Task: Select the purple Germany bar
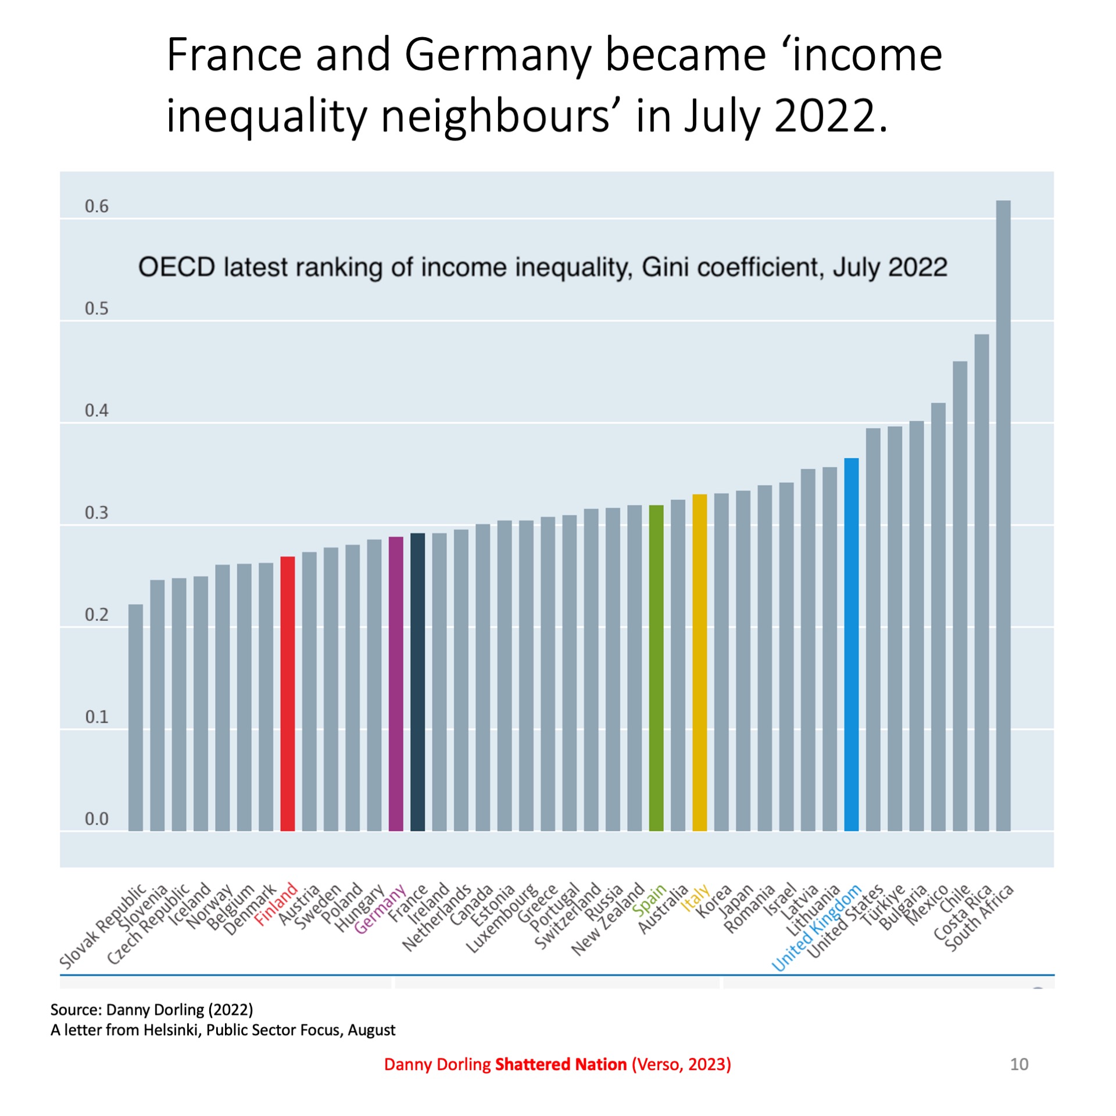coord(396,683)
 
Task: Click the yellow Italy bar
coord(700,662)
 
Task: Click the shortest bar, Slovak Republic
coord(135,717)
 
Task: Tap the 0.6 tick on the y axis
coord(96,206)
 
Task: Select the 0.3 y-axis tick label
coord(96,513)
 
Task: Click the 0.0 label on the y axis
coord(96,819)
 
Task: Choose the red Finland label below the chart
coord(276,904)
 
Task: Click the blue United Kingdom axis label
coord(816,928)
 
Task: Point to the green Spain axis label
coord(649,899)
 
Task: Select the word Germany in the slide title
coord(498,55)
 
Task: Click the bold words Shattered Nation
coord(560,1064)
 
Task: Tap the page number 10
coord(1019,1064)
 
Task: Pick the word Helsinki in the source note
coord(171,1030)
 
